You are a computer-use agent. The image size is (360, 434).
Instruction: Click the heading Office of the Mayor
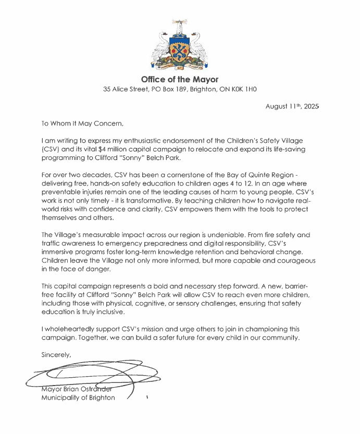tap(180, 80)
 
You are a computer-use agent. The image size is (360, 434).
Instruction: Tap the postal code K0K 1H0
tap(242, 90)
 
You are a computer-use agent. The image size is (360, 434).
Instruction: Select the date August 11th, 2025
tap(291, 106)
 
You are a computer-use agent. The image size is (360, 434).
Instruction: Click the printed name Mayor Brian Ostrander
tap(78, 389)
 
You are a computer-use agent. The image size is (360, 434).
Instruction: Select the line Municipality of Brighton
tap(78, 398)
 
